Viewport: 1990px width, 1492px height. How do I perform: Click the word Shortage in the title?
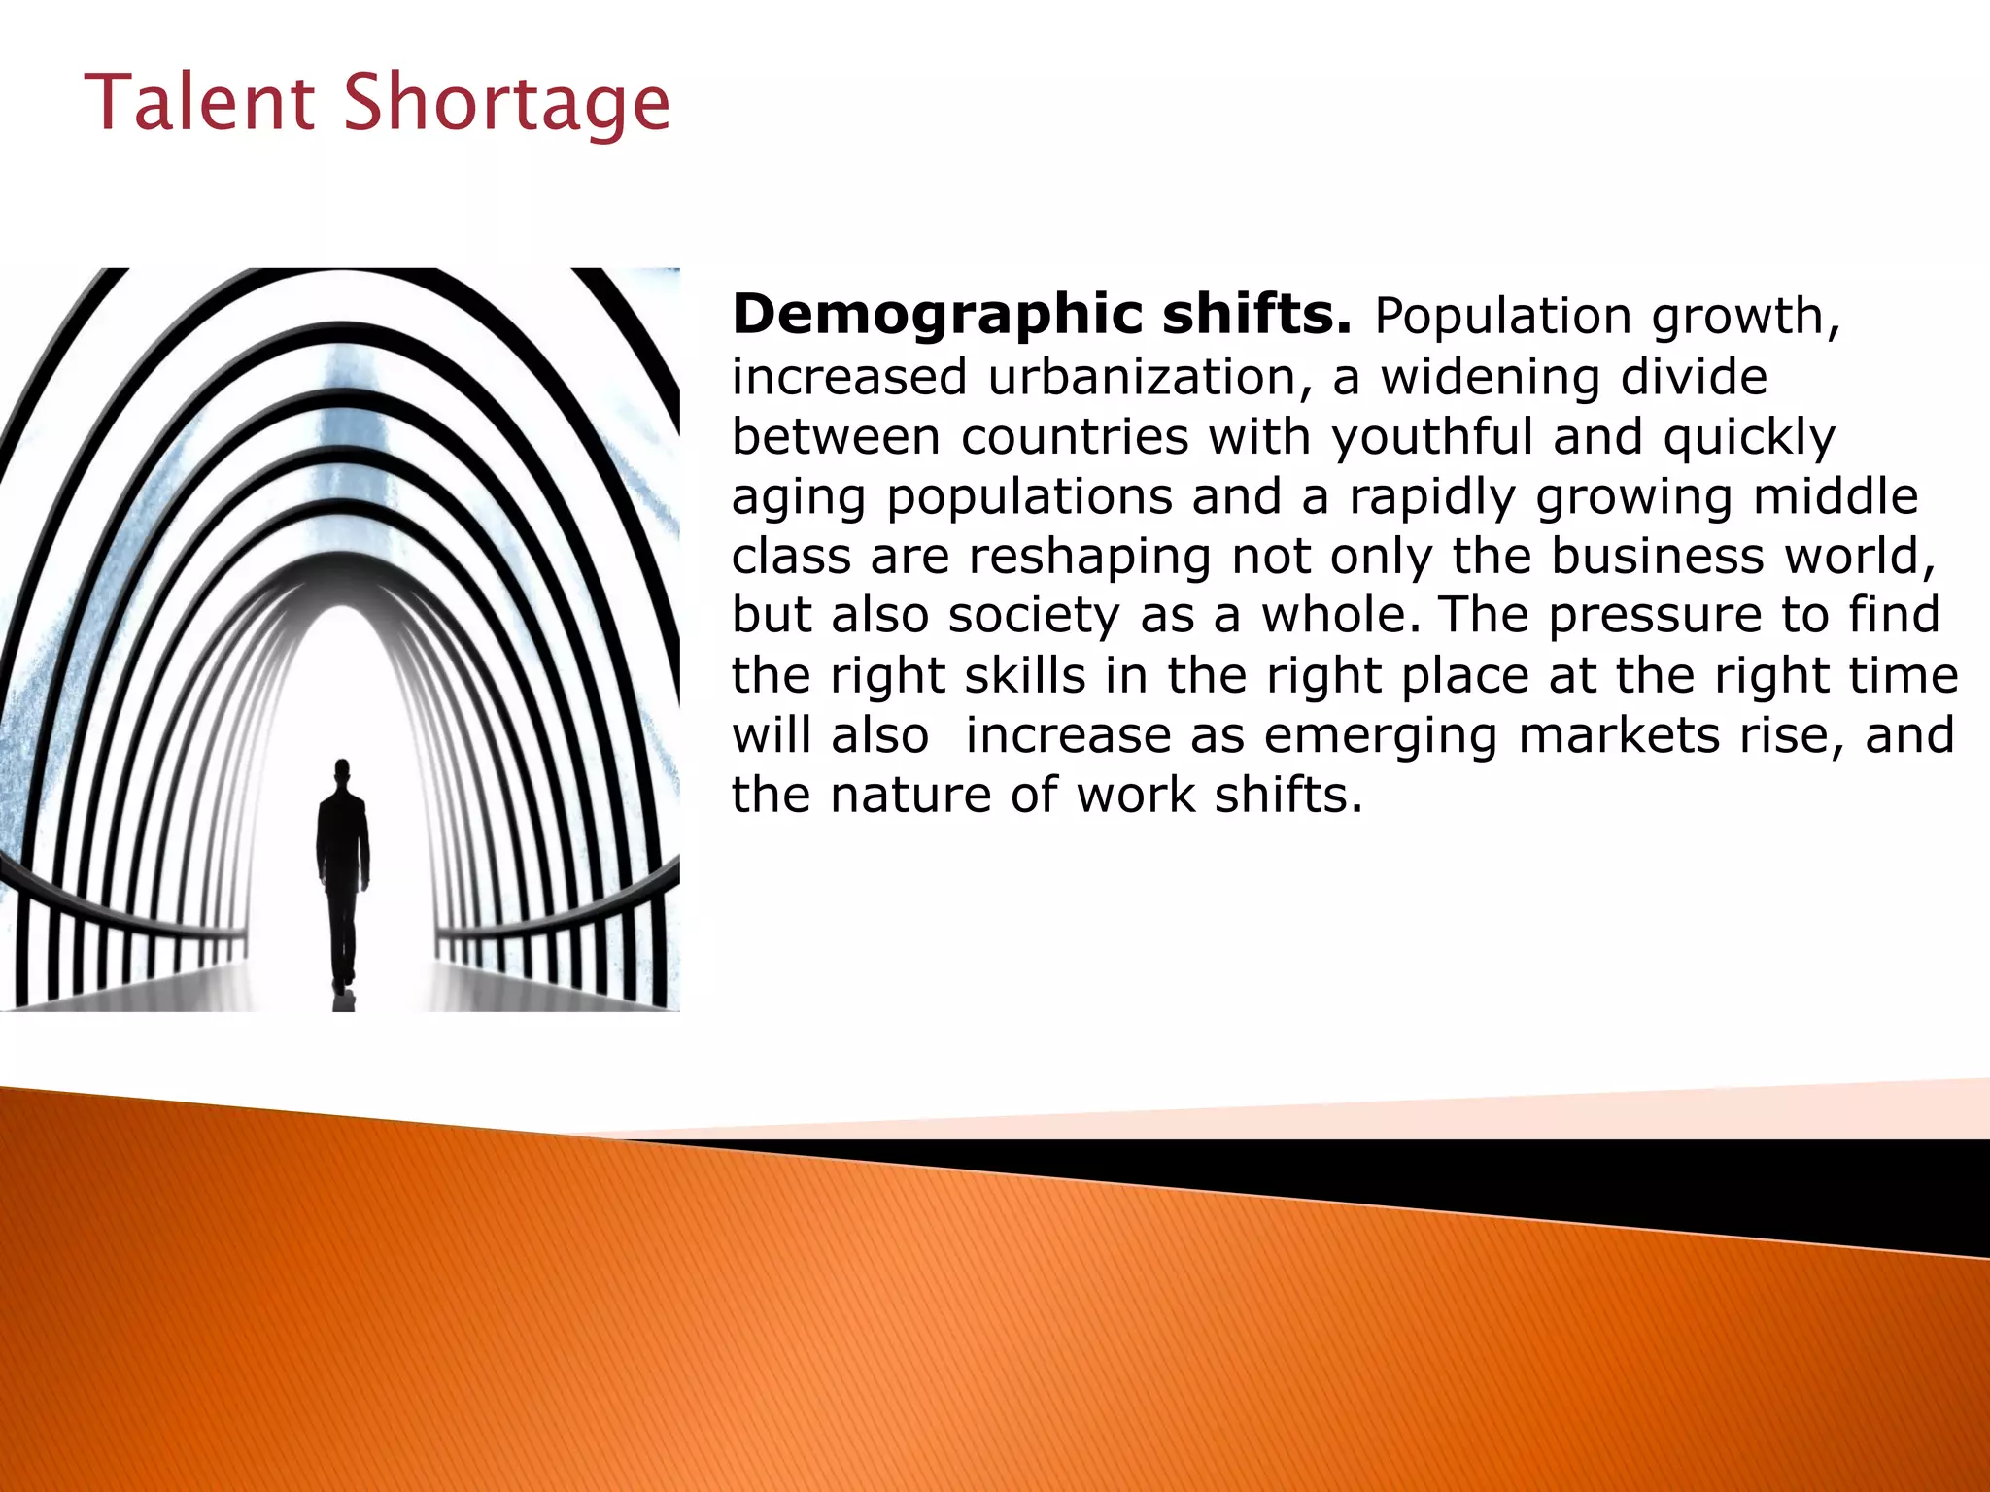point(506,103)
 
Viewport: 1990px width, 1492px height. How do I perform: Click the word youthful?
point(1431,436)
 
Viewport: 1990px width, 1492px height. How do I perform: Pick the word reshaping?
point(1090,556)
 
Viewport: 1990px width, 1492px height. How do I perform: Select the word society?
point(1034,615)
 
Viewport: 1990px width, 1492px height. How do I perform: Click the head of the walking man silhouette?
point(342,773)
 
